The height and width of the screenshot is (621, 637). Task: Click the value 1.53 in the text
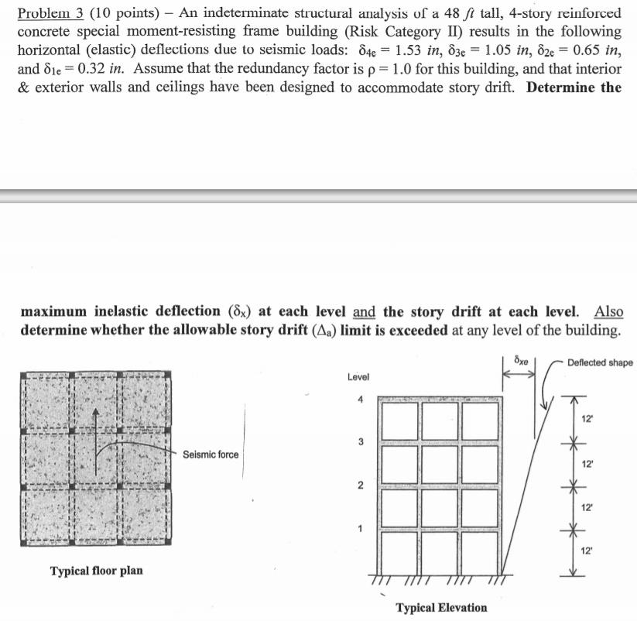410,50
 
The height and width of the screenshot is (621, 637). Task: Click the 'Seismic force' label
211,455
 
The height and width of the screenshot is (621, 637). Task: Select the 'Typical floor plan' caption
96,571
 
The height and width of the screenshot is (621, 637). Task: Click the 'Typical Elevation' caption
442,607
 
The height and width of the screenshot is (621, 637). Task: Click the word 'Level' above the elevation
358,377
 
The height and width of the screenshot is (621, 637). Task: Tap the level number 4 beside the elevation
358,400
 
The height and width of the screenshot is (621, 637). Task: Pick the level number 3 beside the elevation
358,442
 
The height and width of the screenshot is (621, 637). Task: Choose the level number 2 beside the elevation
358,486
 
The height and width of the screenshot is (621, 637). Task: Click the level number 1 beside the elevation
358,530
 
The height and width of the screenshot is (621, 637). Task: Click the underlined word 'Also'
608,312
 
